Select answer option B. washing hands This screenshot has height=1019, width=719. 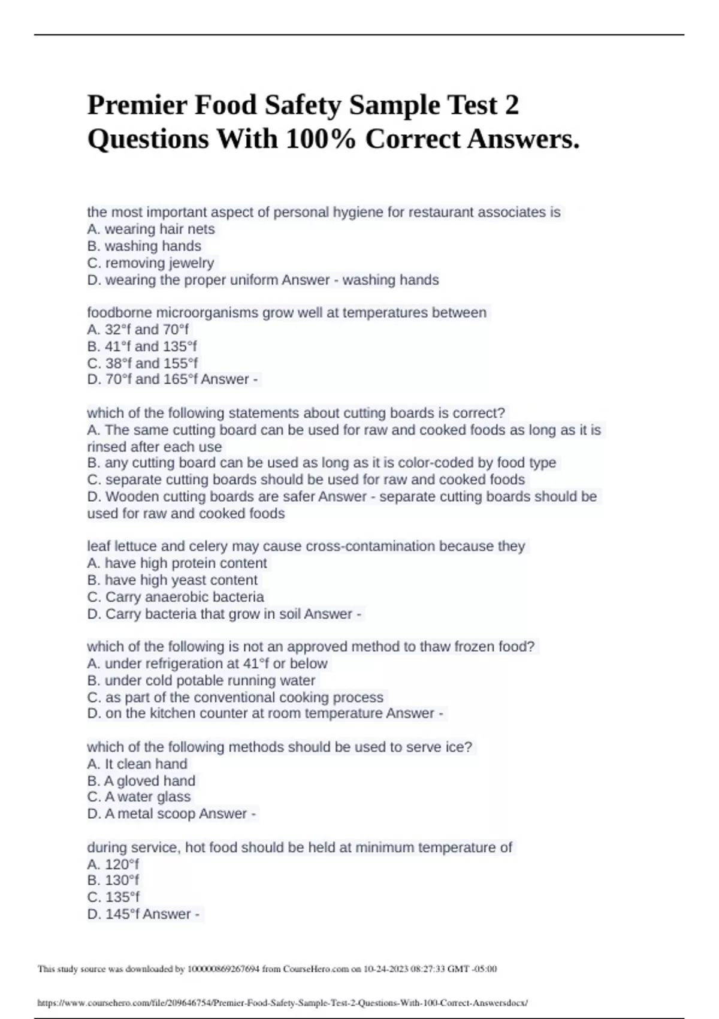tap(144, 246)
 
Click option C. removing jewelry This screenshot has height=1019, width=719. tap(150, 263)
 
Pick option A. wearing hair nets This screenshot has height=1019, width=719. tap(150, 229)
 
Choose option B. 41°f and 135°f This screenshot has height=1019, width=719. tap(142, 346)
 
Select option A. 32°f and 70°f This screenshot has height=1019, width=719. tap(138, 330)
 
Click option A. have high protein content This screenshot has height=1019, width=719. tap(177, 563)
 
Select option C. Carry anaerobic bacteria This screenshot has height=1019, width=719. tap(175, 597)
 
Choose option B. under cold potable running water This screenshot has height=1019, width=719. tap(201, 680)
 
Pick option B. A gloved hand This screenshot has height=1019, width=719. tap(141, 780)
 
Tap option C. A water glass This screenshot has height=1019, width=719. tap(138, 797)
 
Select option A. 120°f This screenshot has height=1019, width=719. tap(113, 864)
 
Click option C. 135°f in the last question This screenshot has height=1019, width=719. tap(113, 897)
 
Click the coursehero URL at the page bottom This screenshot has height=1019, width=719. tap(282, 1003)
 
